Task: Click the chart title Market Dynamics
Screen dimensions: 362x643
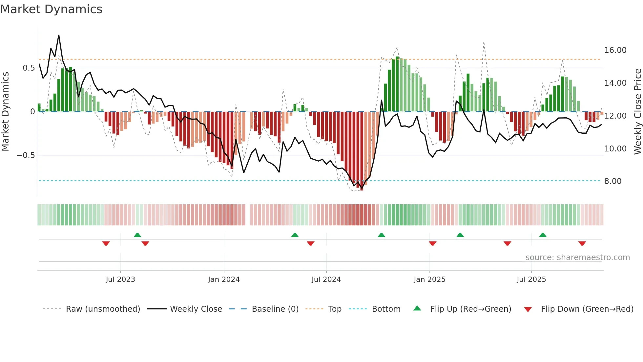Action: tap(52, 9)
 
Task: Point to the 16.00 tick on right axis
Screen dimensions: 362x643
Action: tap(615, 50)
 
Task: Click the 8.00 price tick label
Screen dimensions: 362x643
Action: tap(612, 181)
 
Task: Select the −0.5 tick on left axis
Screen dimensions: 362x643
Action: tap(26, 155)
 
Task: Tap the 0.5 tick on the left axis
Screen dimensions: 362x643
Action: tap(29, 68)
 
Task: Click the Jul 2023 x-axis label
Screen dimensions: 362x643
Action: tap(120, 280)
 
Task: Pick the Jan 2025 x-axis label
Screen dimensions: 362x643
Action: tap(429, 280)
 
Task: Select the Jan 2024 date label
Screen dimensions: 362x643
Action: tap(224, 280)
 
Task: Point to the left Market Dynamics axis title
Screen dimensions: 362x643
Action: tap(5, 112)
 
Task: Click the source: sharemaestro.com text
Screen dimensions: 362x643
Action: tap(577, 258)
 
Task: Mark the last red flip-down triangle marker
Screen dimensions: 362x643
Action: tap(582, 243)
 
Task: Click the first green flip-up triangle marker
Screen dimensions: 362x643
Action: tap(137, 235)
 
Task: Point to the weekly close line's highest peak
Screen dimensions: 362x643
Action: tap(59, 35)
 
